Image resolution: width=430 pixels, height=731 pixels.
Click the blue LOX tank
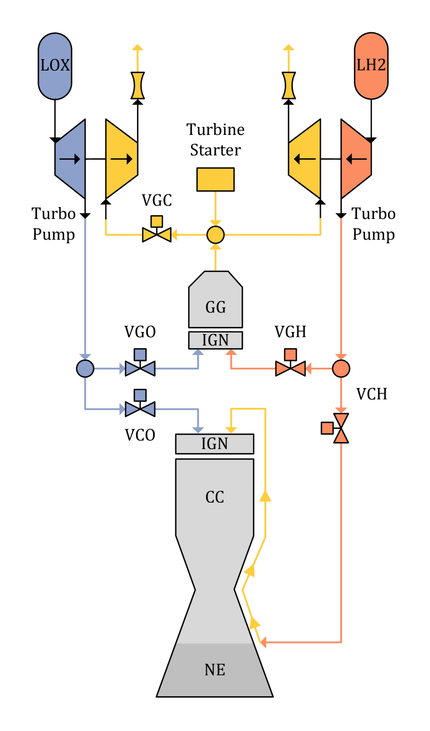[x=55, y=66]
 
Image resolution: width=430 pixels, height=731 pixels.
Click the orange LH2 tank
[x=371, y=66]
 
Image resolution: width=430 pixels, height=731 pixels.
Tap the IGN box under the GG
[x=215, y=340]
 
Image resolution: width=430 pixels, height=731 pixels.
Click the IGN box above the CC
[x=215, y=444]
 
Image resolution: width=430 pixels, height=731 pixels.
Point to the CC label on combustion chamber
[x=215, y=497]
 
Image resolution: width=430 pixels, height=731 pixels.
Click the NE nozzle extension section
[x=215, y=670]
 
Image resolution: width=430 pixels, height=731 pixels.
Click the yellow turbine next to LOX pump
[x=121, y=159]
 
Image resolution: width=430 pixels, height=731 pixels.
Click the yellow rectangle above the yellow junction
[x=215, y=180]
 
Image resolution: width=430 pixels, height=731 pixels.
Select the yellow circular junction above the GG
[x=215, y=235]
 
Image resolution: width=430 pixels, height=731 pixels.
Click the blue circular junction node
[x=85, y=369]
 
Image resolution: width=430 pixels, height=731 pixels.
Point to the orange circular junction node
[x=341, y=369]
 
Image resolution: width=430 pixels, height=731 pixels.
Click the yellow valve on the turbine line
[x=157, y=235]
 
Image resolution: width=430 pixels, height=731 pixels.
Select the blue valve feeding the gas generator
[x=140, y=369]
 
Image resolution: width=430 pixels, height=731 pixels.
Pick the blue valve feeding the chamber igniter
[x=140, y=409]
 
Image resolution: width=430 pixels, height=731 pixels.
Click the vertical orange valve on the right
[x=341, y=428]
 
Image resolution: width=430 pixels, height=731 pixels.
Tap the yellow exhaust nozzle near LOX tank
[x=137, y=85]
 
